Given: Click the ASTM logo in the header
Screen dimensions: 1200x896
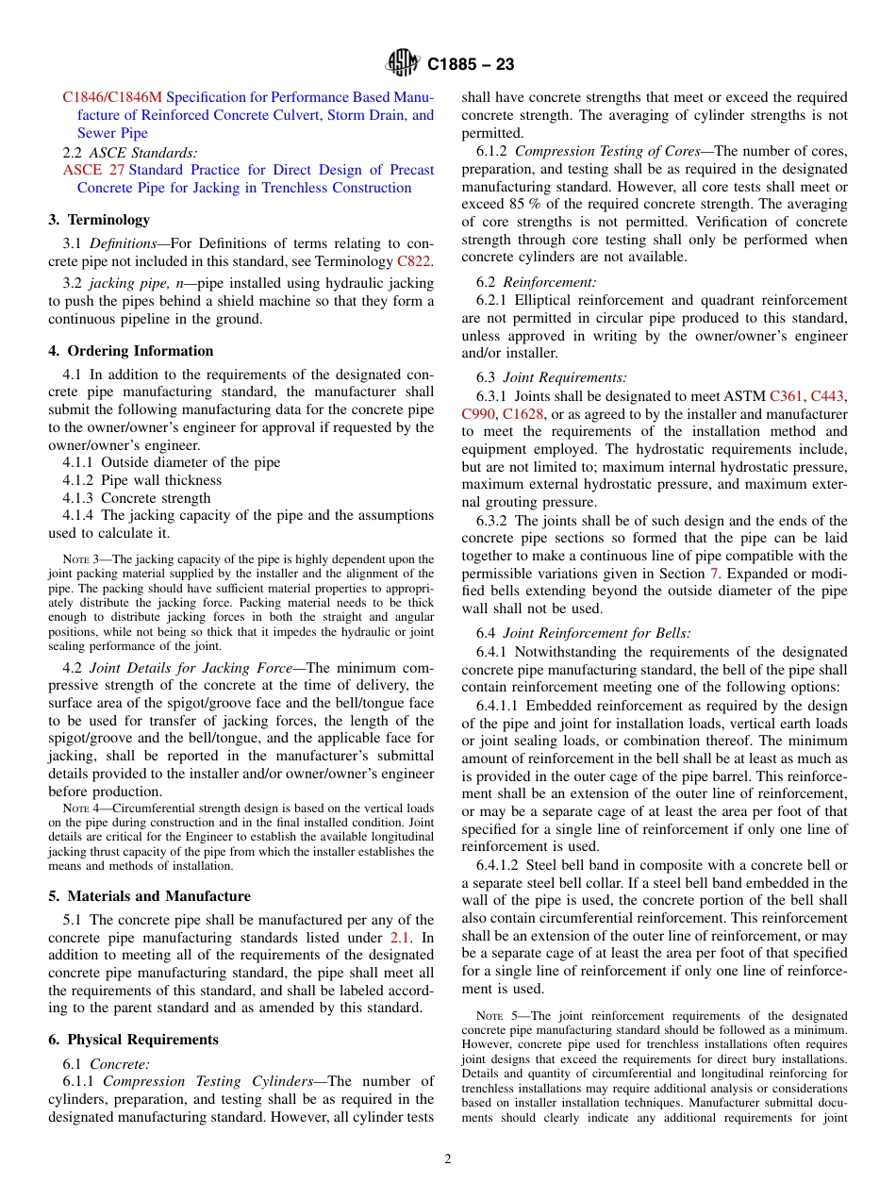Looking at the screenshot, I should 403,64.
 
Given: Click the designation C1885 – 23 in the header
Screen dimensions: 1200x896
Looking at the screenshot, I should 470,65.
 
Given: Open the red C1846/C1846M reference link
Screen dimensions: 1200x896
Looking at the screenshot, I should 112,97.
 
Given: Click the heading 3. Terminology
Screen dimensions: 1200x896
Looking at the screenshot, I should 99,220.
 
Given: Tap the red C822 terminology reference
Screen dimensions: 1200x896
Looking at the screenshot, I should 414,261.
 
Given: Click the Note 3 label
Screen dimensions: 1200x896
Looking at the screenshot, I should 80,559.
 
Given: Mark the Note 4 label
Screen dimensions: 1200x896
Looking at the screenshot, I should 80,808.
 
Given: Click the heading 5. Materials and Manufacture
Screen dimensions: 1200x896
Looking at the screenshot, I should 149,896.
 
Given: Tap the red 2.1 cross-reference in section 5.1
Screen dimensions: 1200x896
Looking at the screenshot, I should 399,938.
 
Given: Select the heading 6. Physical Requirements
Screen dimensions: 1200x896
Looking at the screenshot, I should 133,1040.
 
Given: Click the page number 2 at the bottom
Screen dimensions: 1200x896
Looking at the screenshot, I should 448,1159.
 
